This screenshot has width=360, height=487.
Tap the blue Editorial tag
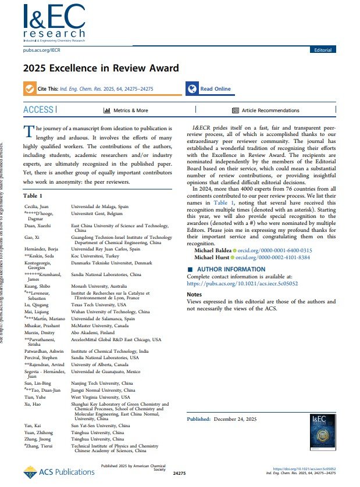click(323, 51)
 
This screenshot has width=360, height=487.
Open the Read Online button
click(209, 89)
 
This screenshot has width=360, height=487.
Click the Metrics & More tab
click(126, 110)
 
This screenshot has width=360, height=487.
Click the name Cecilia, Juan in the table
click(37, 207)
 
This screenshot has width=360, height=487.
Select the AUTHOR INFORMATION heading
click(230, 270)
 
